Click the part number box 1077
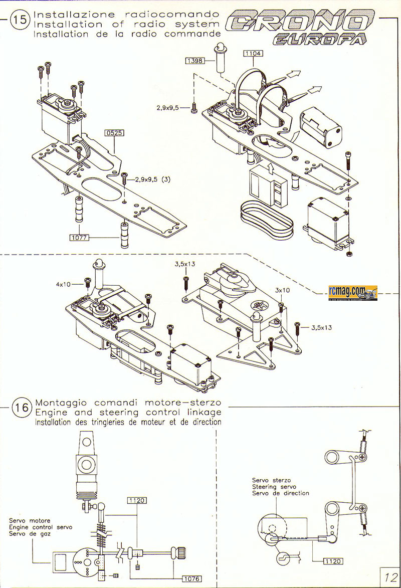(x=79, y=238)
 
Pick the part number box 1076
(x=191, y=578)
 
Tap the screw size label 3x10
(x=282, y=290)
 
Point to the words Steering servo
(x=274, y=487)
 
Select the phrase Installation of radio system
(x=127, y=24)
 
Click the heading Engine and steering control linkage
(x=128, y=412)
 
